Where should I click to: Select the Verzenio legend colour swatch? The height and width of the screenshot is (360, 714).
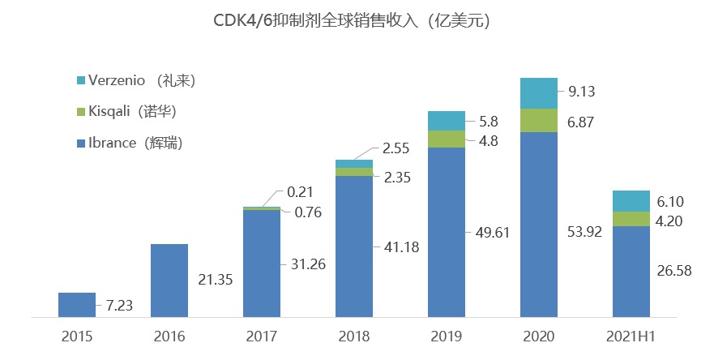(x=79, y=80)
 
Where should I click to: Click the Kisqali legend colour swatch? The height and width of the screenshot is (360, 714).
(x=79, y=111)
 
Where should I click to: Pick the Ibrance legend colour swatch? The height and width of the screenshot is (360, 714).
(x=79, y=144)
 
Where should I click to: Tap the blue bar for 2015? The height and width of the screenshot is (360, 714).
(x=77, y=304)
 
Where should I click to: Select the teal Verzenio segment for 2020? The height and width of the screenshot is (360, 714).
(x=539, y=93)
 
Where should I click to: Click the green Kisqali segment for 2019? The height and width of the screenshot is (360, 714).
(x=447, y=139)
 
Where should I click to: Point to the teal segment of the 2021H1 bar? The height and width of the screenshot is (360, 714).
(x=631, y=201)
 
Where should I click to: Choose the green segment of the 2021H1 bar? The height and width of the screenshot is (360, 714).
(x=631, y=219)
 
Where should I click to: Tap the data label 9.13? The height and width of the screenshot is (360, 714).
(x=584, y=92)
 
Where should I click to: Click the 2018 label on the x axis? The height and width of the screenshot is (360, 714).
(x=354, y=336)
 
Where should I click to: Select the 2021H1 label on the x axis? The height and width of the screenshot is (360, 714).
(x=631, y=336)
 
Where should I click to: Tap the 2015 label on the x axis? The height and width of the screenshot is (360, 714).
(x=77, y=336)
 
